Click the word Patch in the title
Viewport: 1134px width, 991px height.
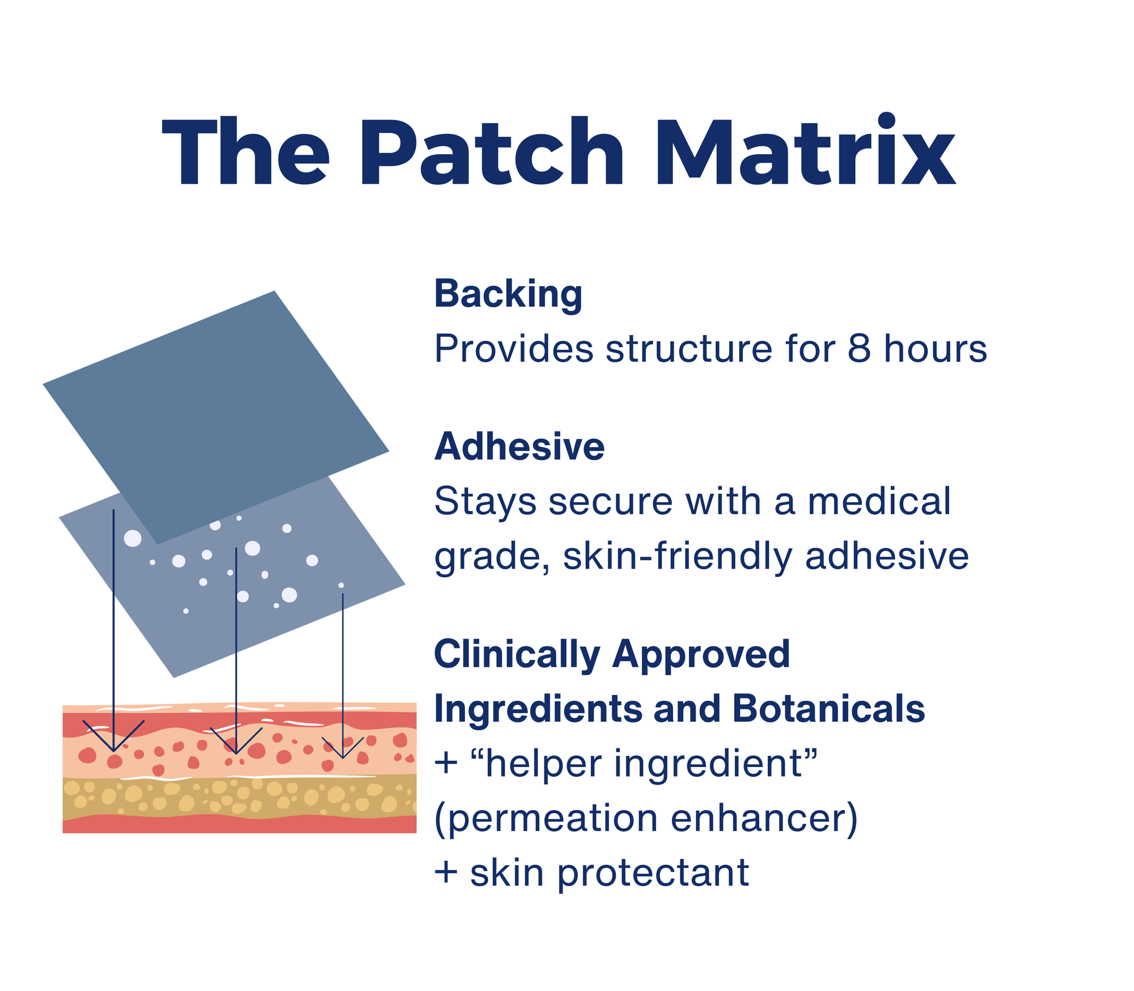coord(491,152)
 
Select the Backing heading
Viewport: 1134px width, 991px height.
coord(508,294)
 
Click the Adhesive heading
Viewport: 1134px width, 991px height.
coord(519,447)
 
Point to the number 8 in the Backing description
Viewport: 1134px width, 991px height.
coord(859,348)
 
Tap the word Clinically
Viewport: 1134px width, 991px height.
coord(517,655)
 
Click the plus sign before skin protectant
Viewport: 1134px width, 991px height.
coord(446,873)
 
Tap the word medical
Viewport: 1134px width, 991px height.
coord(879,502)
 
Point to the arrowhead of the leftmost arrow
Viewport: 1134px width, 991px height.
coord(113,749)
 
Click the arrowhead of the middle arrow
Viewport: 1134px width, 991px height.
coord(236,752)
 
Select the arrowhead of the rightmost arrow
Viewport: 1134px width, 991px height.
coord(342,756)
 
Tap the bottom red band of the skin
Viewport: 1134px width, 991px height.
coord(238,824)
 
